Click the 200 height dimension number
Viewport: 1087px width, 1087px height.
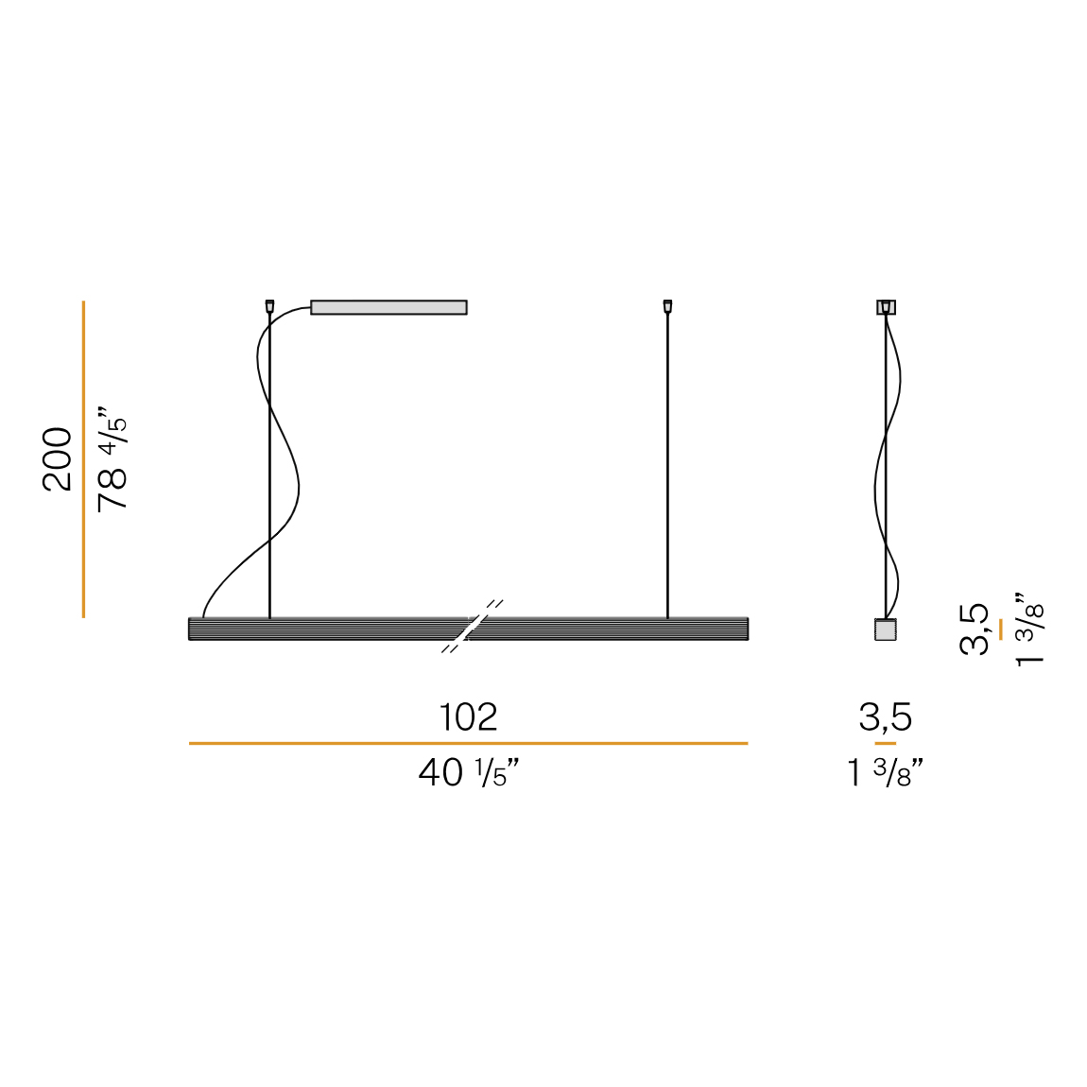[58, 459]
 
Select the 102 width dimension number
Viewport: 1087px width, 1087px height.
[469, 716]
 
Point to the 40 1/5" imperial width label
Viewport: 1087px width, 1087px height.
[469, 772]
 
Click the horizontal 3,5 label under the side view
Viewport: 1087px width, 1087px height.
[886, 716]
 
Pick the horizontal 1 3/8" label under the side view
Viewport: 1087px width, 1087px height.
[886, 772]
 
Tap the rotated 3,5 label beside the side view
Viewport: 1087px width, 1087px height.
[975, 630]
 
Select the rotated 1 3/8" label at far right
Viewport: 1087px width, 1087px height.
[1028, 630]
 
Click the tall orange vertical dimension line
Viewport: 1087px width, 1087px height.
[83, 459]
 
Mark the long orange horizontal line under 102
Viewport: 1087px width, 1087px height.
[469, 743]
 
